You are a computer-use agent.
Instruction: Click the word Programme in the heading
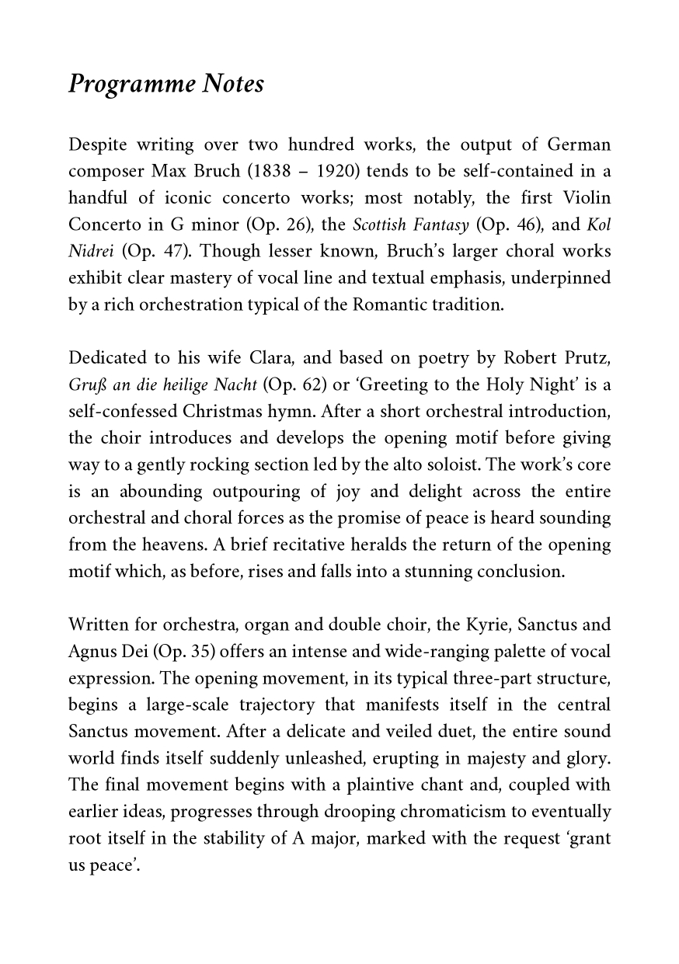(131, 84)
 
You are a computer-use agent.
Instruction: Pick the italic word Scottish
(379, 225)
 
